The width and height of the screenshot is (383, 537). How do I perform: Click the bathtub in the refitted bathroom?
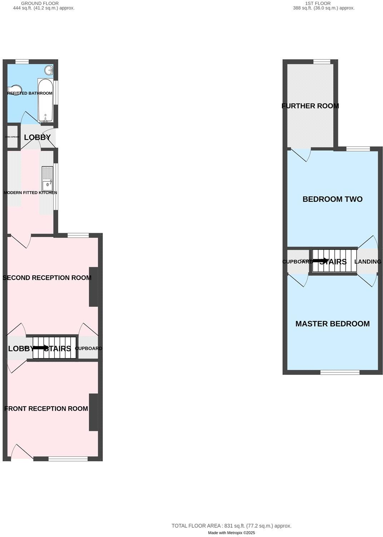pos(46,100)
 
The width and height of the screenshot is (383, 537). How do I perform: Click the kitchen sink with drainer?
pos(47,179)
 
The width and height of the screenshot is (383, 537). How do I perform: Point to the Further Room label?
pos(310,106)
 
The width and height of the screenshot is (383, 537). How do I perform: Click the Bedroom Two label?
pos(332,199)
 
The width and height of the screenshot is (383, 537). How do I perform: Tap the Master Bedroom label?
pos(332,324)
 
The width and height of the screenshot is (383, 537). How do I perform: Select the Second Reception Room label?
pos(47,278)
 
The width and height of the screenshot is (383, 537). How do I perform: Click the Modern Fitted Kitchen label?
pos(30,193)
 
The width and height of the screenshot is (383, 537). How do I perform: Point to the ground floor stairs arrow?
pos(40,347)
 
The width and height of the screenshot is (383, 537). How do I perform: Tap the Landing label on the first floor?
pos(368,262)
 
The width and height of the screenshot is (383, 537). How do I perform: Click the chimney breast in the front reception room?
pos(93,412)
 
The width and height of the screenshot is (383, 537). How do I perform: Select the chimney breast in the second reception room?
pos(93,287)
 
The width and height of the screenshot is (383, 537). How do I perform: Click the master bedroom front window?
pos(340,372)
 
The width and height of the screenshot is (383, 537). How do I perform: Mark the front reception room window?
pos(68,459)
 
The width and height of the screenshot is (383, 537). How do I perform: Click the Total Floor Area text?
pos(232,526)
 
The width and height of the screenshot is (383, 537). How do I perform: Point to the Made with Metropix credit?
pos(232,533)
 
